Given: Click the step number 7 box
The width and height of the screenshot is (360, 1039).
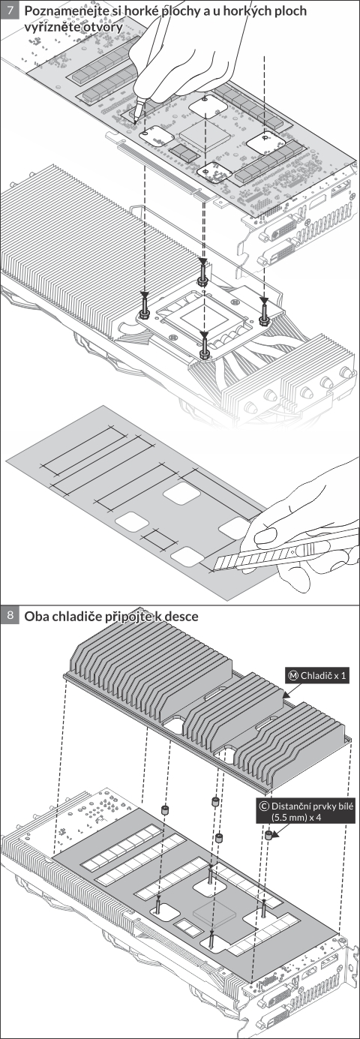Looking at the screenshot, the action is point(10,11).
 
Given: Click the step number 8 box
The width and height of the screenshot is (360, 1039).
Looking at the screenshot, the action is point(10,616).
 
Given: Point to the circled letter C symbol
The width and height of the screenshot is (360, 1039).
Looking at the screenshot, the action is point(264,806).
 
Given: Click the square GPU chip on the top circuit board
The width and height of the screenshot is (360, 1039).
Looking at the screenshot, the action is point(205,134).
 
